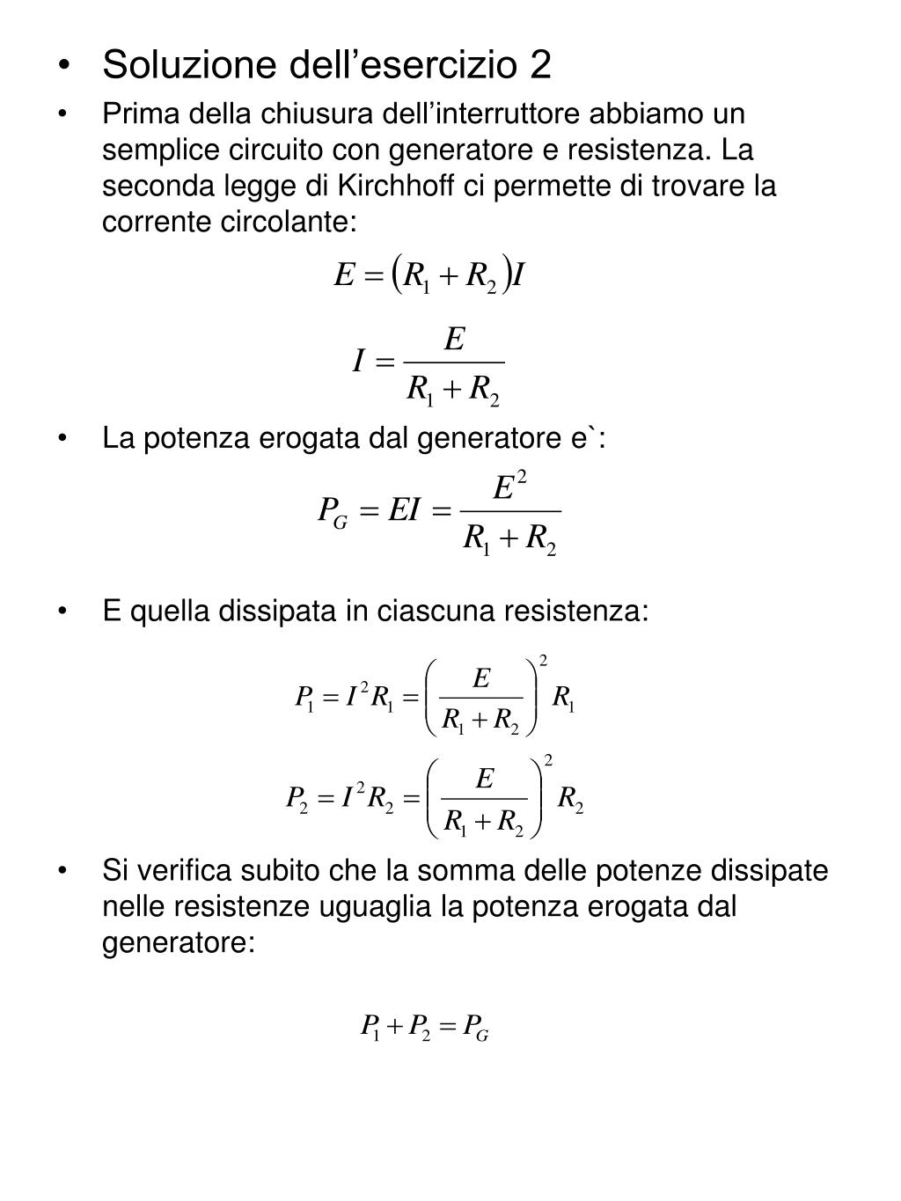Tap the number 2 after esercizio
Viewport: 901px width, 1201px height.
pos(540,64)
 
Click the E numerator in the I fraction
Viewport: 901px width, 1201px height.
pos(454,339)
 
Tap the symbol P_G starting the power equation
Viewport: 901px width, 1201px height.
pos(333,511)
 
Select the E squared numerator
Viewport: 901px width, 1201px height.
pos(509,487)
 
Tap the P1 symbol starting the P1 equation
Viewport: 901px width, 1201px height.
pos(304,699)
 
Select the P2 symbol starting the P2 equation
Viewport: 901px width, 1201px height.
pos(297,799)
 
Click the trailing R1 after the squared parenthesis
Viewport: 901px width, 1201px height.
pos(563,699)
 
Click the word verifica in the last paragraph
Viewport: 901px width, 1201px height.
pos(187,870)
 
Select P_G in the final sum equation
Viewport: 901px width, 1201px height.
pos(475,1027)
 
